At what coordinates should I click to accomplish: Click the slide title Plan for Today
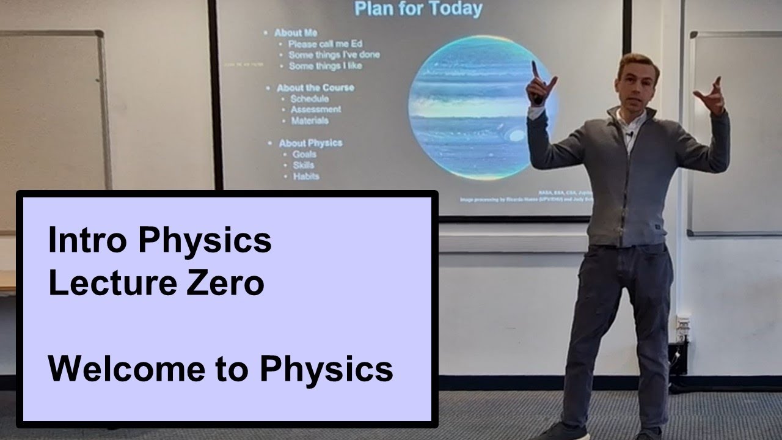click(418, 9)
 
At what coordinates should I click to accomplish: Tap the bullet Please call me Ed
click(317, 44)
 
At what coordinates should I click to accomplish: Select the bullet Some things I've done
click(334, 54)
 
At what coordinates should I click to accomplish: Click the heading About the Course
click(315, 87)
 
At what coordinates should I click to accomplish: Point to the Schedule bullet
click(309, 98)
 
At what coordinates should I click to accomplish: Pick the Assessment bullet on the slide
click(315, 109)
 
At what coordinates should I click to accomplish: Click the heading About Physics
click(310, 143)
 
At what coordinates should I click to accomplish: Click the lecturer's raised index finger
click(535, 69)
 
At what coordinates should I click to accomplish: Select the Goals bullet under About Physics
click(304, 154)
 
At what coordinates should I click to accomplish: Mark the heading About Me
click(295, 33)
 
